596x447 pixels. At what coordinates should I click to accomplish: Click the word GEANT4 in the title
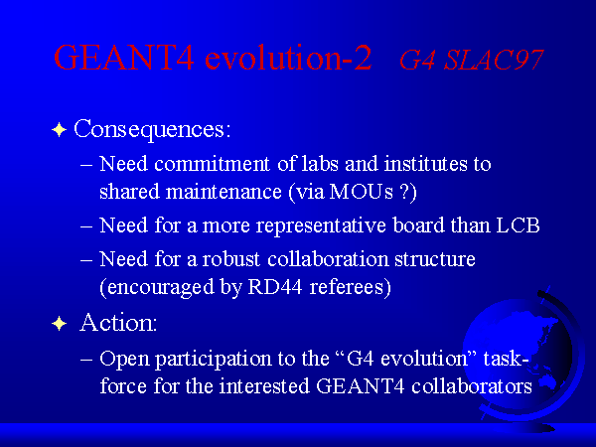click(x=124, y=57)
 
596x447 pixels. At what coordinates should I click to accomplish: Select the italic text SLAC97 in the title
click(x=494, y=60)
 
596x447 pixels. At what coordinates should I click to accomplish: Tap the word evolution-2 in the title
click(x=288, y=57)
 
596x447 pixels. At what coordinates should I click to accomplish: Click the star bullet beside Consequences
click(x=59, y=130)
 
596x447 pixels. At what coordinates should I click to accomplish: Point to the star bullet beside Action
click(x=59, y=324)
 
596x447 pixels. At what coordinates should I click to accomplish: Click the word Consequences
click(x=152, y=130)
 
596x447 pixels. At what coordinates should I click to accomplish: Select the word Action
click(x=118, y=323)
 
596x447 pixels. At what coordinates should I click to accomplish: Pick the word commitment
click(x=213, y=164)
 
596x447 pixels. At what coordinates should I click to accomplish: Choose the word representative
click(x=321, y=226)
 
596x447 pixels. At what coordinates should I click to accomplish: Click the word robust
click(x=231, y=259)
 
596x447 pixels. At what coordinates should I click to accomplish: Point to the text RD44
click(x=275, y=287)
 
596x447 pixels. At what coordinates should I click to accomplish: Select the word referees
click(x=350, y=287)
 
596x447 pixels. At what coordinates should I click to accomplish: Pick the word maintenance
click(x=223, y=191)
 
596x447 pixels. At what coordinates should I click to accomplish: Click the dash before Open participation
click(x=86, y=360)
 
